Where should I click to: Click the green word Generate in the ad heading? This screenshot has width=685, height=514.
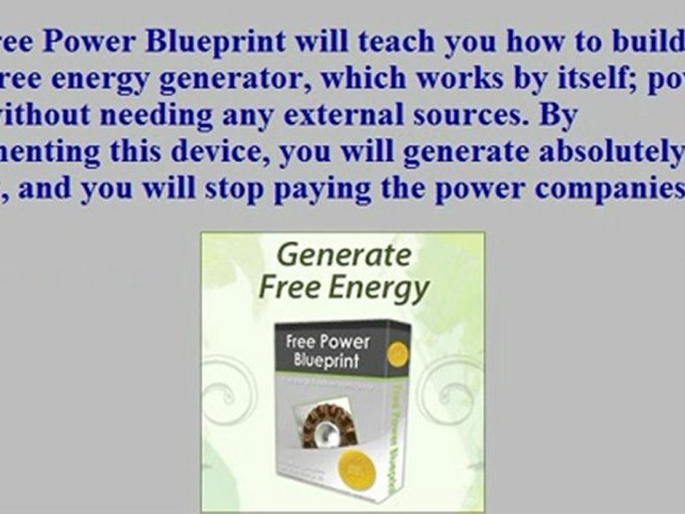tap(344, 255)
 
